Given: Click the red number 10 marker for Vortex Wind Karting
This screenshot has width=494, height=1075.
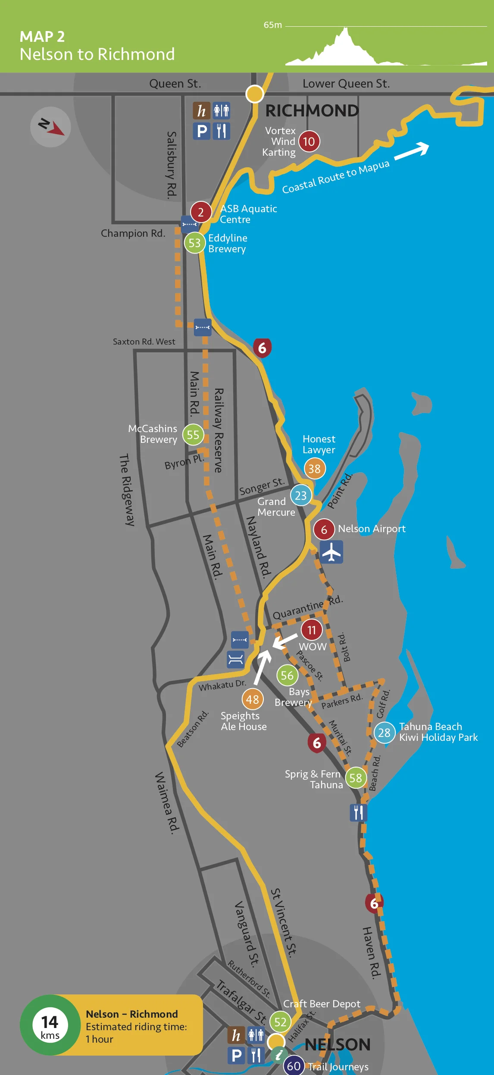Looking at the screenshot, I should point(309,141).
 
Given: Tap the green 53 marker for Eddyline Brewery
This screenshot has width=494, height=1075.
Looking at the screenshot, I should point(194,243).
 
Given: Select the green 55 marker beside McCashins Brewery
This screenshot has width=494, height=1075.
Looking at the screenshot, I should point(193,435).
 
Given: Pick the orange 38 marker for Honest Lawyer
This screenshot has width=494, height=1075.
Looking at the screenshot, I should point(314,469).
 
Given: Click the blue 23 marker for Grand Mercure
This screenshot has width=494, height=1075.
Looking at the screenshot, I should point(300,495).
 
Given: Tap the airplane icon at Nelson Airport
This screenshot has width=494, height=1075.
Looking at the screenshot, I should point(331,552).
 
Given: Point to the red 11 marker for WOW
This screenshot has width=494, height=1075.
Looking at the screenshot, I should point(311,630).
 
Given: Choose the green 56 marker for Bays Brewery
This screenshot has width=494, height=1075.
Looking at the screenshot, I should point(287,675).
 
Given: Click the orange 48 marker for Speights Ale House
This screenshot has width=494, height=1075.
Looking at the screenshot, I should point(253,699).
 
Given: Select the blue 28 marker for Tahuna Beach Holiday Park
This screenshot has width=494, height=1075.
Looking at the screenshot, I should point(384,733).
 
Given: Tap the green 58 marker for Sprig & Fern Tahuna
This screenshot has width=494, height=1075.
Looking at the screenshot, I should point(356,778).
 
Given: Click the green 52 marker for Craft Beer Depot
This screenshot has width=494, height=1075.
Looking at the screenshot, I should point(280,1022).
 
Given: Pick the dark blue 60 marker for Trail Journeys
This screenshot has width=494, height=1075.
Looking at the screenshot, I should point(294,1066).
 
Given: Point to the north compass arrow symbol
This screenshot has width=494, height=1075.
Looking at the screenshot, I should point(51,127).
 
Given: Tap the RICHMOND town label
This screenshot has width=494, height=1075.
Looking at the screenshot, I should point(312,111).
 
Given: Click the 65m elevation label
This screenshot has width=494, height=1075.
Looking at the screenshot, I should point(273,25).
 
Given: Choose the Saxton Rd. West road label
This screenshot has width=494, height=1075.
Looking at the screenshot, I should point(144,342).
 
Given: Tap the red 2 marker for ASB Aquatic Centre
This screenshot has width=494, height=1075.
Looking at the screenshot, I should point(200,212).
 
